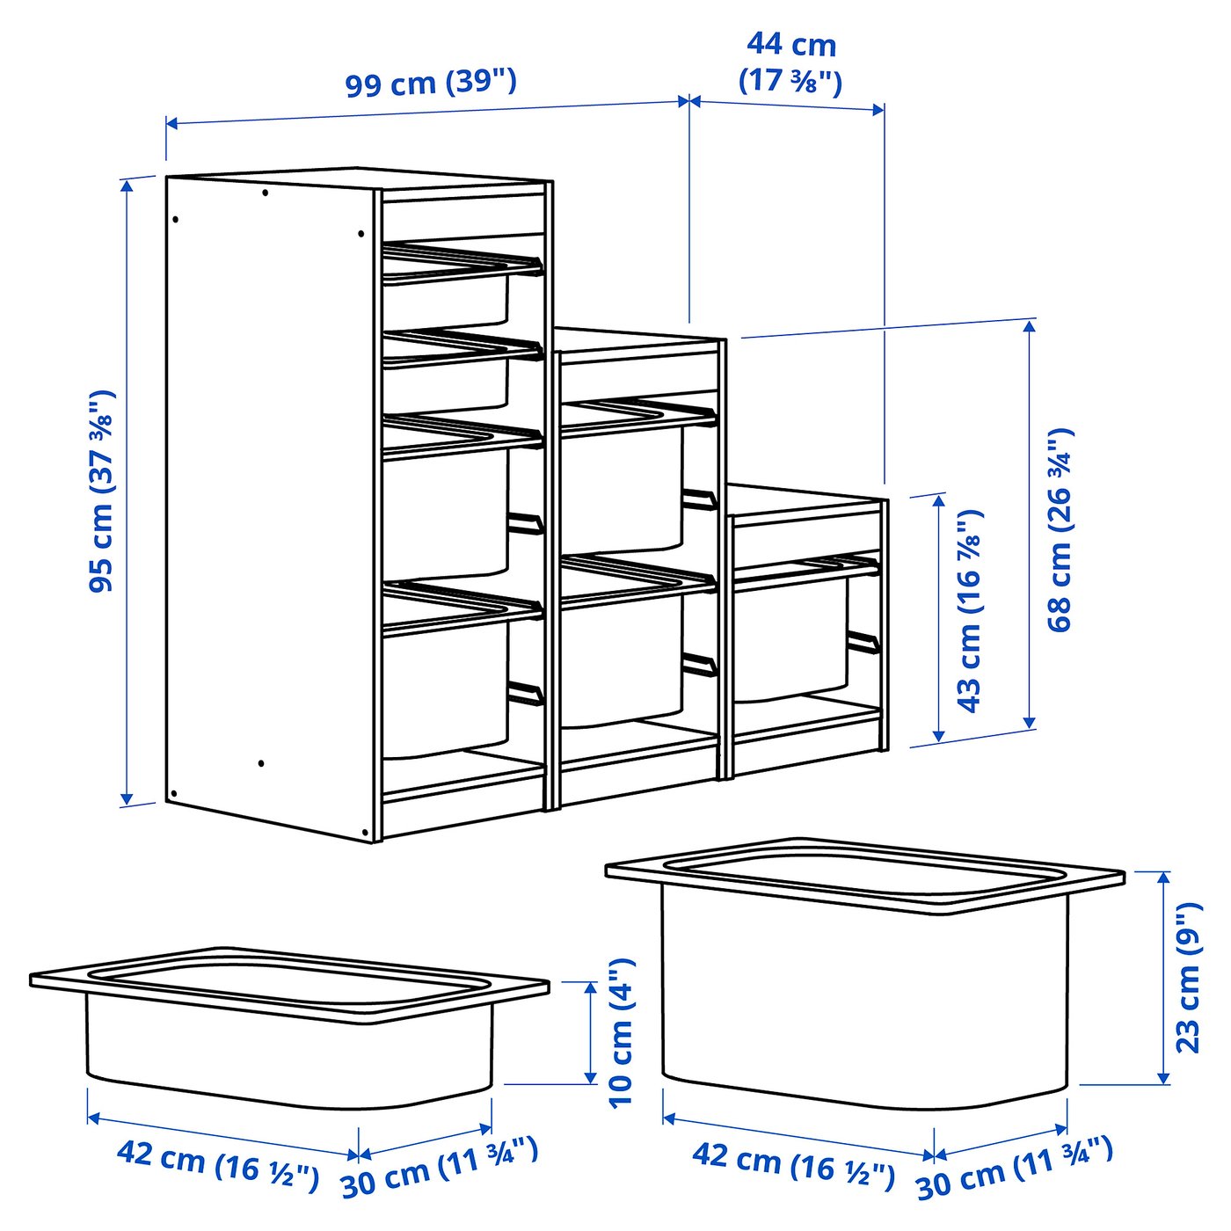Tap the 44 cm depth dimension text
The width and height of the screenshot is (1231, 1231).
[x=790, y=62]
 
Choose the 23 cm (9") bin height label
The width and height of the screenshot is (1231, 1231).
[x=1188, y=977]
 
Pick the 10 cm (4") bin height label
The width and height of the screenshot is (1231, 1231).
[x=621, y=1033]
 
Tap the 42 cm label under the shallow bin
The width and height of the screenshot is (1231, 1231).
[x=218, y=1161]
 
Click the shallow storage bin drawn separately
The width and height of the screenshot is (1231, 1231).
[x=290, y=1029]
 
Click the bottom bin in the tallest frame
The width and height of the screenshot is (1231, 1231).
[x=445, y=686]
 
